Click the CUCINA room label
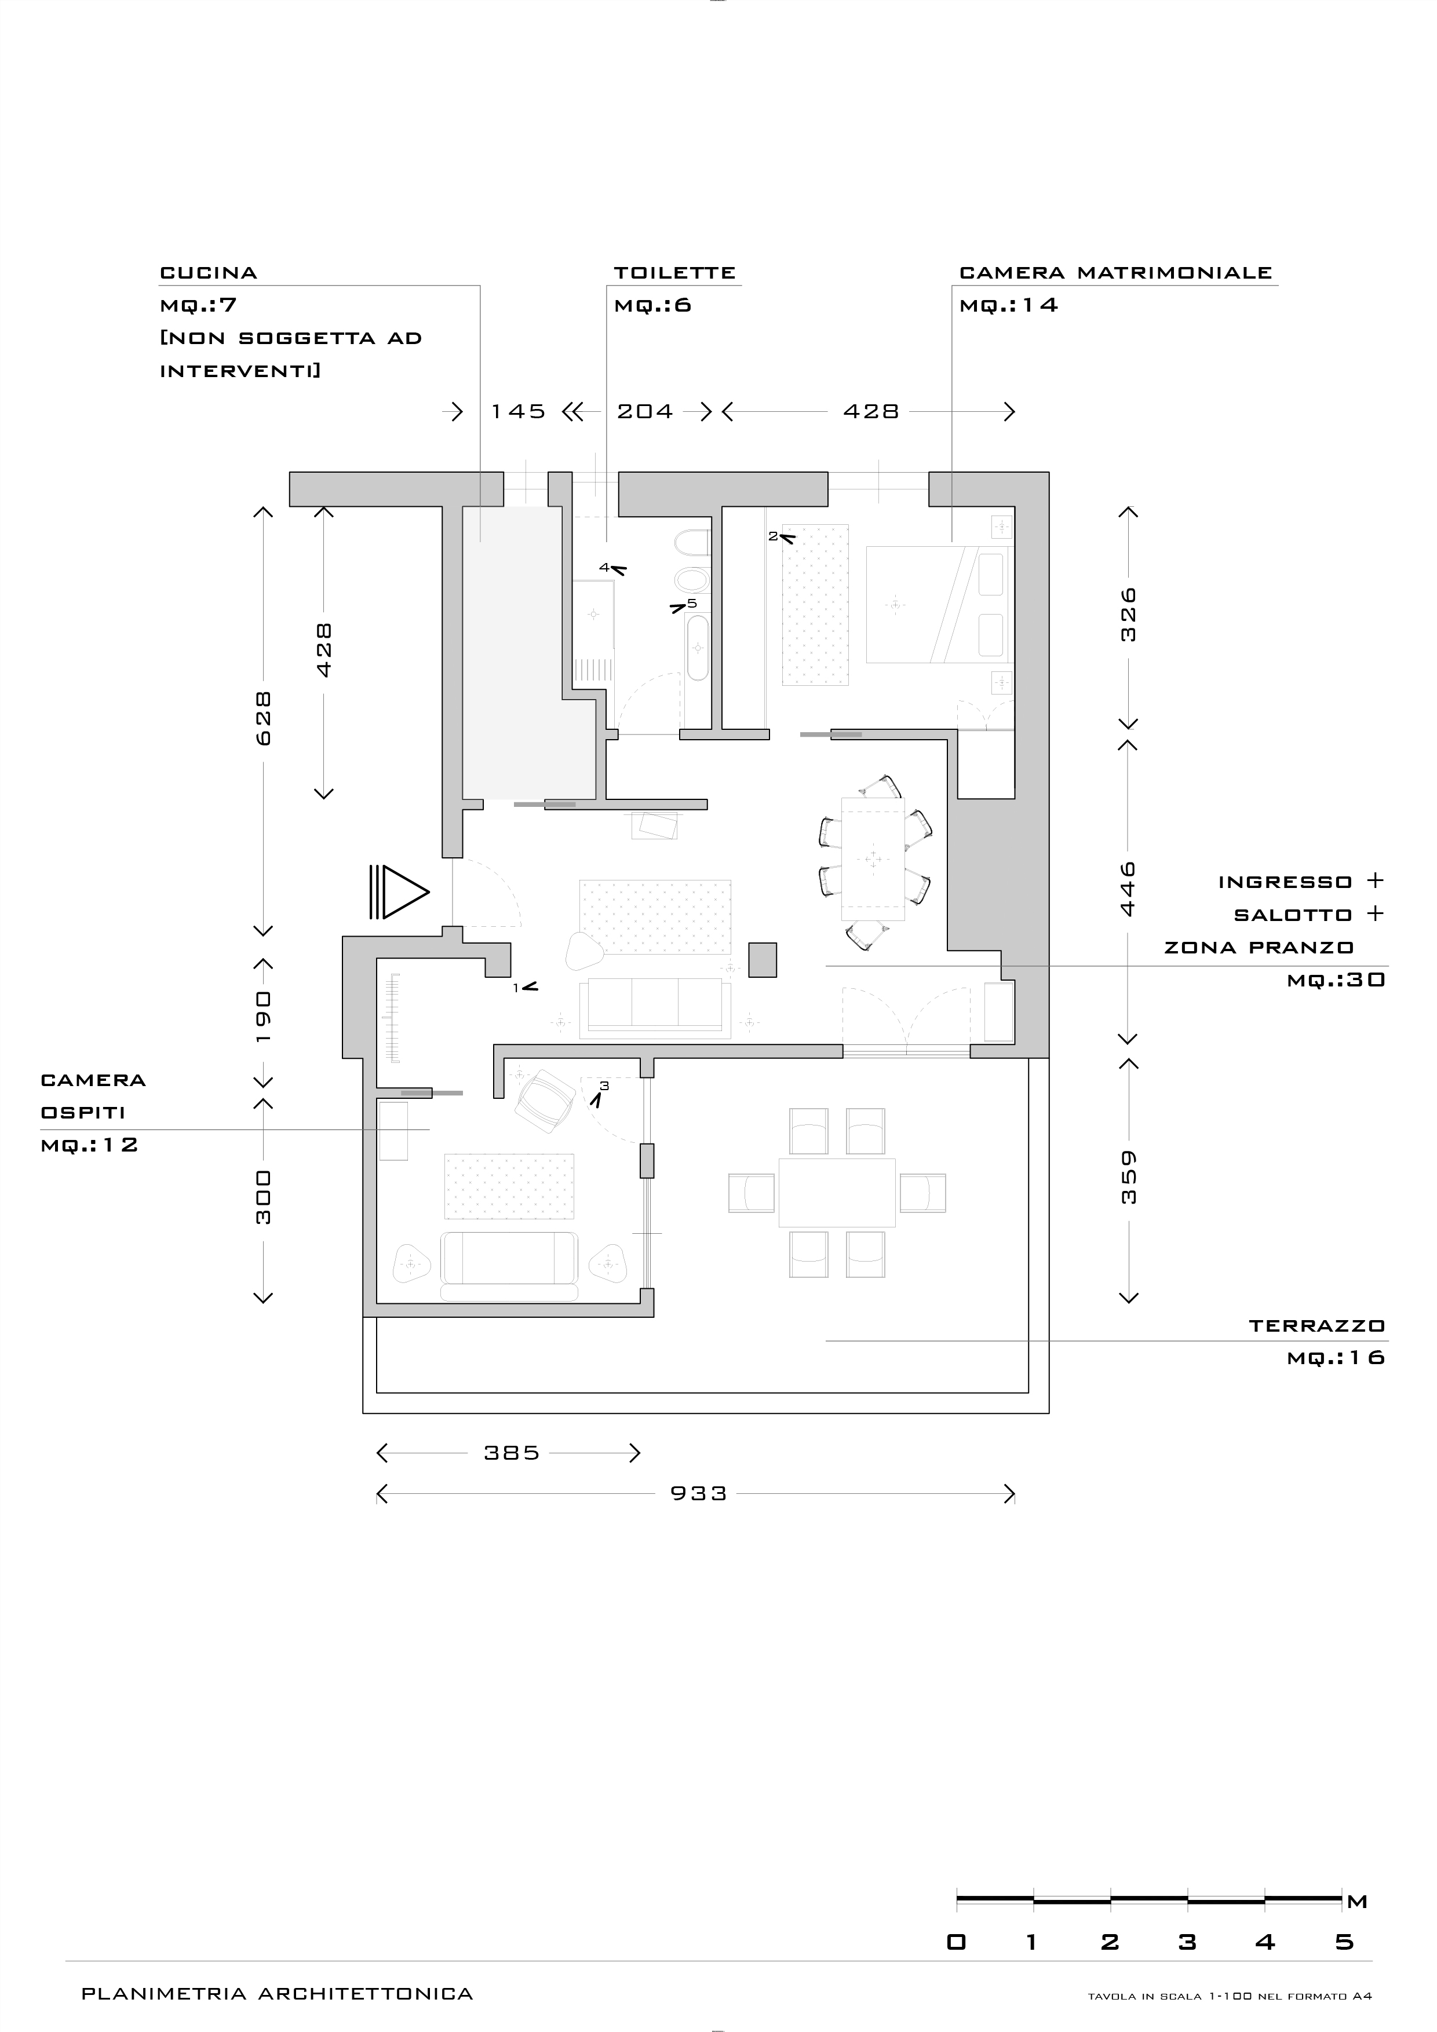208,273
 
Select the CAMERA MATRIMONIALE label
1115,273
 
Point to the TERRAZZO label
1316,1326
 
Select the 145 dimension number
518,411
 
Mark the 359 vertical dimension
1128,1177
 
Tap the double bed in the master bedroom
937,605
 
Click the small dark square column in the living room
763,959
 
